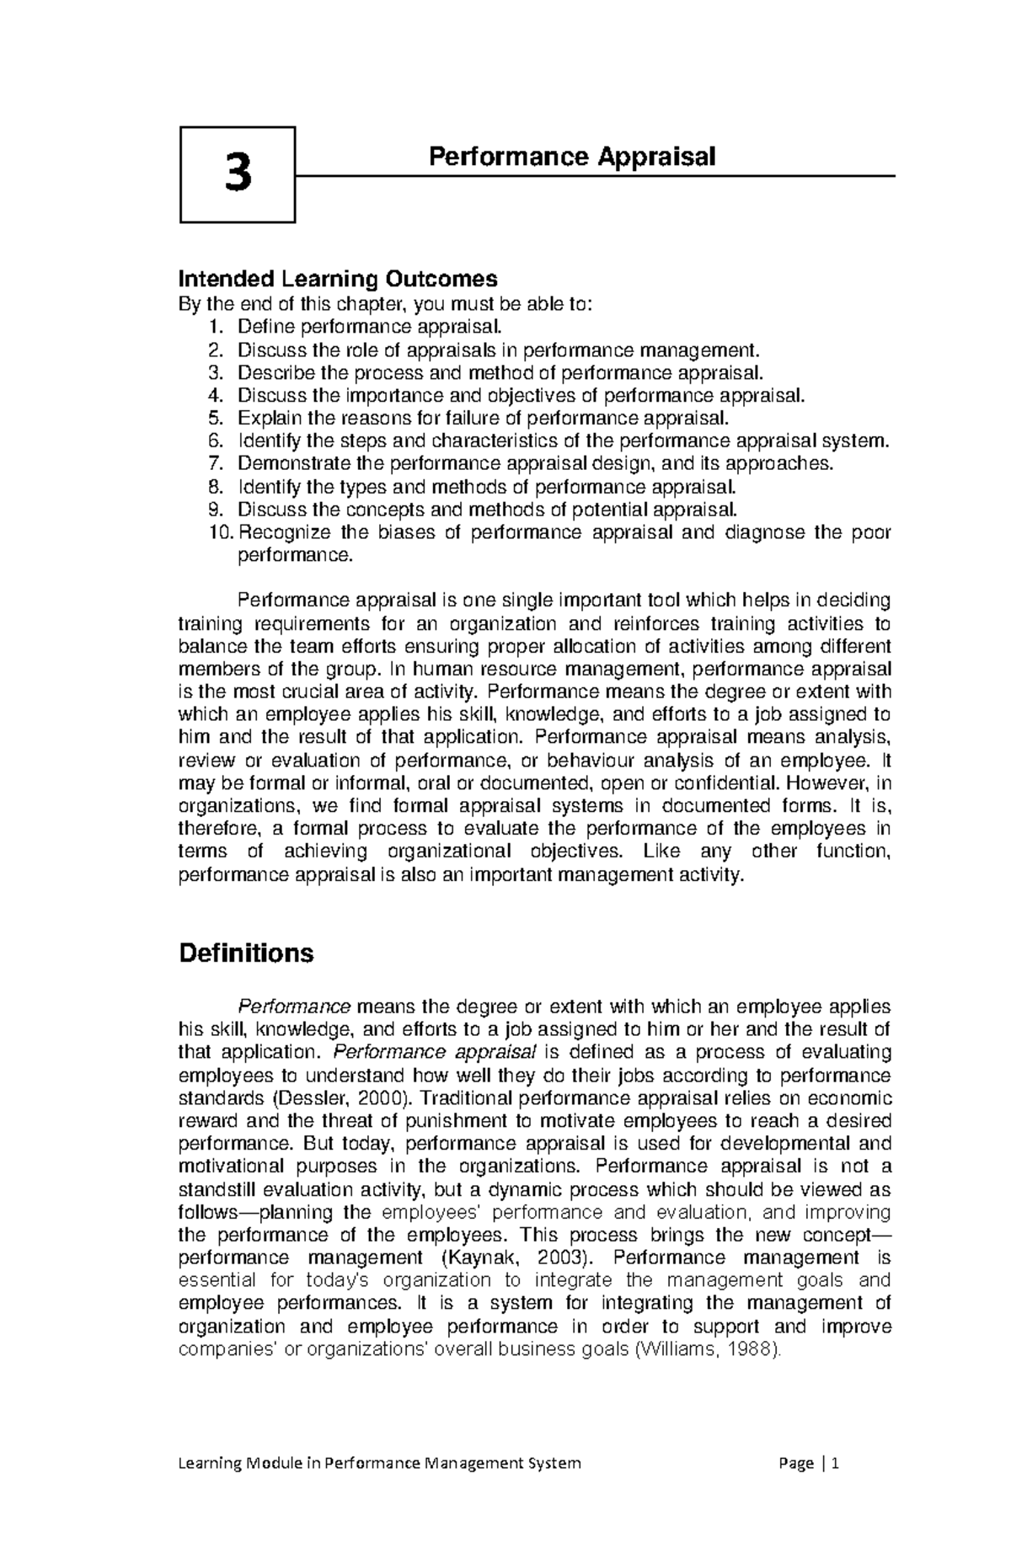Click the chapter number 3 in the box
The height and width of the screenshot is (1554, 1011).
pyautogui.click(x=238, y=174)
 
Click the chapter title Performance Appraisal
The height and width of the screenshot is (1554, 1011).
pyautogui.click(x=572, y=156)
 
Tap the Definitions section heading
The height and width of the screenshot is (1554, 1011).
pyautogui.click(x=246, y=953)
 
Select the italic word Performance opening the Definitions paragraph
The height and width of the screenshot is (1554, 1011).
pyautogui.click(x=294, y=1007)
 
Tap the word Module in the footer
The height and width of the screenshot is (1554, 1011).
pyautogui.click(x=273, y=1463)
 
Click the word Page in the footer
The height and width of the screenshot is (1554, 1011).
pyautogui.click(x=796, y=1463)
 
